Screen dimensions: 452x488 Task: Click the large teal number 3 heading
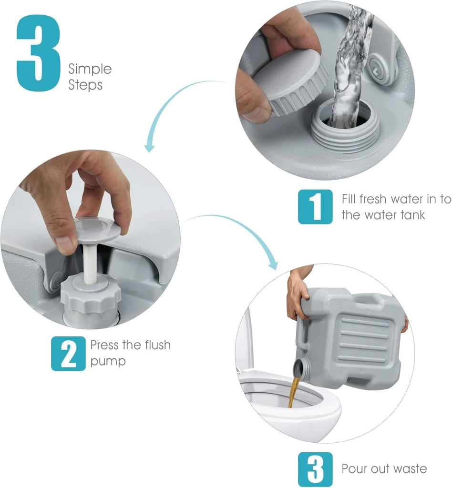coord(38,53)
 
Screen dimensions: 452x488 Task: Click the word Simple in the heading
coord(90,69)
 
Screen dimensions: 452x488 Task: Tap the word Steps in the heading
coord(85,85)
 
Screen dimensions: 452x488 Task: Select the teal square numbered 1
coord(315,207)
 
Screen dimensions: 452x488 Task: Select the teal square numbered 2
coord(68,354)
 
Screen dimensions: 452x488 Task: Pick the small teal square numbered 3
coord(315,469)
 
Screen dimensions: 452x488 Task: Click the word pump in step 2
coord(108,362)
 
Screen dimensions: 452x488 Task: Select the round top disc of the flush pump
coord(97,230)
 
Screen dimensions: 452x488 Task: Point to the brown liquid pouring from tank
coord(293,391)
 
